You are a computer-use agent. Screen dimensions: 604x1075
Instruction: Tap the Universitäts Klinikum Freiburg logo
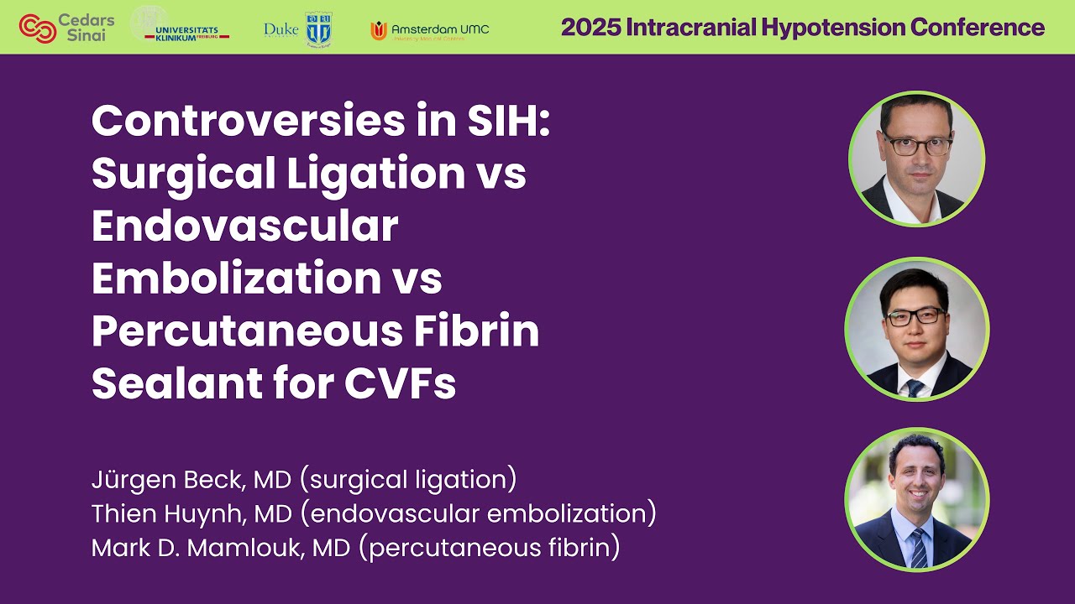pos(180,25)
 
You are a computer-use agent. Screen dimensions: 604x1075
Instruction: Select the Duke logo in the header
pos(298,29)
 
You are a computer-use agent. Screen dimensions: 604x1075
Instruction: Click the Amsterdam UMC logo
pos(429,30)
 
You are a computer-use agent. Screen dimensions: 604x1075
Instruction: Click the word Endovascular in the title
pos(244,226)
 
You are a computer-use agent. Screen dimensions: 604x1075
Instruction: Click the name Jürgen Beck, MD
pos(191,481)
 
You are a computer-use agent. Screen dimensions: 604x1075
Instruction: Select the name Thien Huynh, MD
pos(189,514)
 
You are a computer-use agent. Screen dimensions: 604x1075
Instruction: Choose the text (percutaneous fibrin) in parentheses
pos(494,548)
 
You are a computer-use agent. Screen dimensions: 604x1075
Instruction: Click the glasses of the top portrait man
pos(916,143)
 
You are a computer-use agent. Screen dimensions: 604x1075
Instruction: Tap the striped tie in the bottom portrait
pos(919,549)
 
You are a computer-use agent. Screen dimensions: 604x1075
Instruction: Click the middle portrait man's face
pos(915,320)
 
